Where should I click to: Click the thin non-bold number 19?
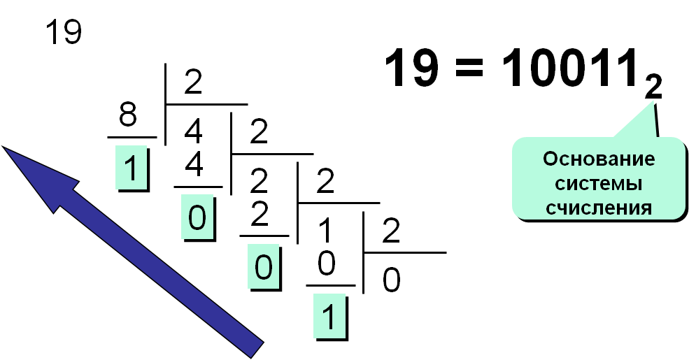[x=64, y=32]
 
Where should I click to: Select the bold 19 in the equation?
[x=412, y=67]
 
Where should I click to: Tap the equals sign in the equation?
[x=469, y=69]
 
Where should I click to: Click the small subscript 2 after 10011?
[x=653, y=87]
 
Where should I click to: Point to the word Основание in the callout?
[x=599, y=159]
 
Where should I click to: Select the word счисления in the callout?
[x=599, y=207]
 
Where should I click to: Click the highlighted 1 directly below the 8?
[x=131, y=168]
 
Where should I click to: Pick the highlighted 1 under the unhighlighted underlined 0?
[x=329, y=317]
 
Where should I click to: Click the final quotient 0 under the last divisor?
[x=391, y=280]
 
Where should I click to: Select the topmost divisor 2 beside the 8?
[x=193, y=82]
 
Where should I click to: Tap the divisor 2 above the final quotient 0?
[x=391, y=231]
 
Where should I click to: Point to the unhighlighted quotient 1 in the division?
[x=325, y=231]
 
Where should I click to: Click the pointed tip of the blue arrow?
[x=2, y=146]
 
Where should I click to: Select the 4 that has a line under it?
[x=194, y=165]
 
